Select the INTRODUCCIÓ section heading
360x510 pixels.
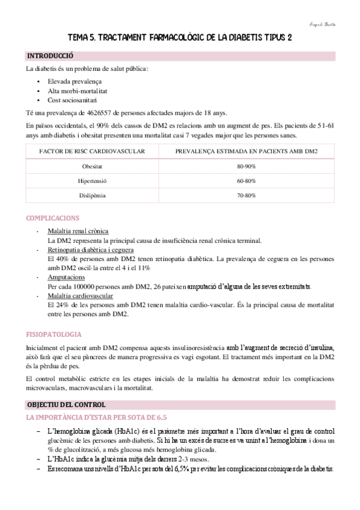[50, 56]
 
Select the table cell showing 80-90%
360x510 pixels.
[246, 165]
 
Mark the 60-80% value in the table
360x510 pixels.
[246, 180]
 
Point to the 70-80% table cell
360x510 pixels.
[246, 195]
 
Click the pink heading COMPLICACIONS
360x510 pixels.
[53, 218]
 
